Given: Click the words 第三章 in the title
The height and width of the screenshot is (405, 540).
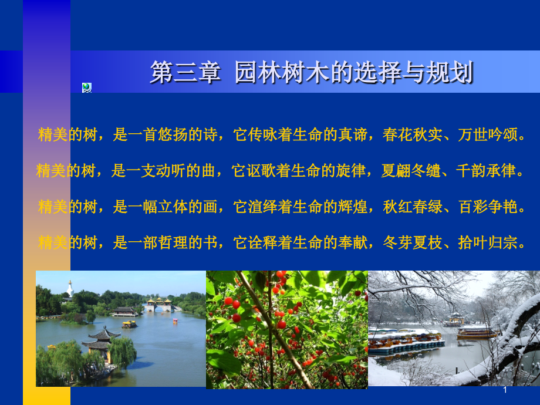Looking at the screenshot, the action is coord(185,72).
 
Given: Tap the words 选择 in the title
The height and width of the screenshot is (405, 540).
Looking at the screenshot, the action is coord(379,72).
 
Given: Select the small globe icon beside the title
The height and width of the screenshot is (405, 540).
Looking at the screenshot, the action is coord(87,88).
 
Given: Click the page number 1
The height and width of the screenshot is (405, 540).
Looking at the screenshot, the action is coord(505,390).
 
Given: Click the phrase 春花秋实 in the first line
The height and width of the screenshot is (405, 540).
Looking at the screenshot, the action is coord(413,134).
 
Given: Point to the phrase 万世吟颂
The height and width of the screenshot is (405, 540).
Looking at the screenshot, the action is coord(488,134).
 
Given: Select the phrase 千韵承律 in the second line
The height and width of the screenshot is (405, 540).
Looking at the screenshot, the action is coord(486,170).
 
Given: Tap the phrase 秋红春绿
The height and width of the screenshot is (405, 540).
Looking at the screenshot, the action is coord(413,207).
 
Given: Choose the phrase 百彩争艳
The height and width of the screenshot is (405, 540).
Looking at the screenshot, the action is coord(488,207).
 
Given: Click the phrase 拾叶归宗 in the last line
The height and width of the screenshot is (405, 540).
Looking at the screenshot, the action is coord(488,242).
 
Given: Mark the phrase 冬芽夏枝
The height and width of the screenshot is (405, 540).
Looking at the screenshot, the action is coord(413,242).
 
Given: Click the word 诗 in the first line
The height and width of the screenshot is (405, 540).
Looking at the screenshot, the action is coord(210,134).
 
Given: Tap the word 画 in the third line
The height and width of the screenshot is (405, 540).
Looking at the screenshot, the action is coord(210,207).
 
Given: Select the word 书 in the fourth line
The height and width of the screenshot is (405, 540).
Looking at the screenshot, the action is coord(210,242).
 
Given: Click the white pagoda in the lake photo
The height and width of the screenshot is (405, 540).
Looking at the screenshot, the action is coord(70,289).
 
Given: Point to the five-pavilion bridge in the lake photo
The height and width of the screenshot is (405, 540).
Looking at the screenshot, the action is coord(158,305).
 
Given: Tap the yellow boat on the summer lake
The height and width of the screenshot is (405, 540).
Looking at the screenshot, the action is coord(129,324).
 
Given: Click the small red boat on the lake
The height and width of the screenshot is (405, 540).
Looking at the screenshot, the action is coord(176,321).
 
